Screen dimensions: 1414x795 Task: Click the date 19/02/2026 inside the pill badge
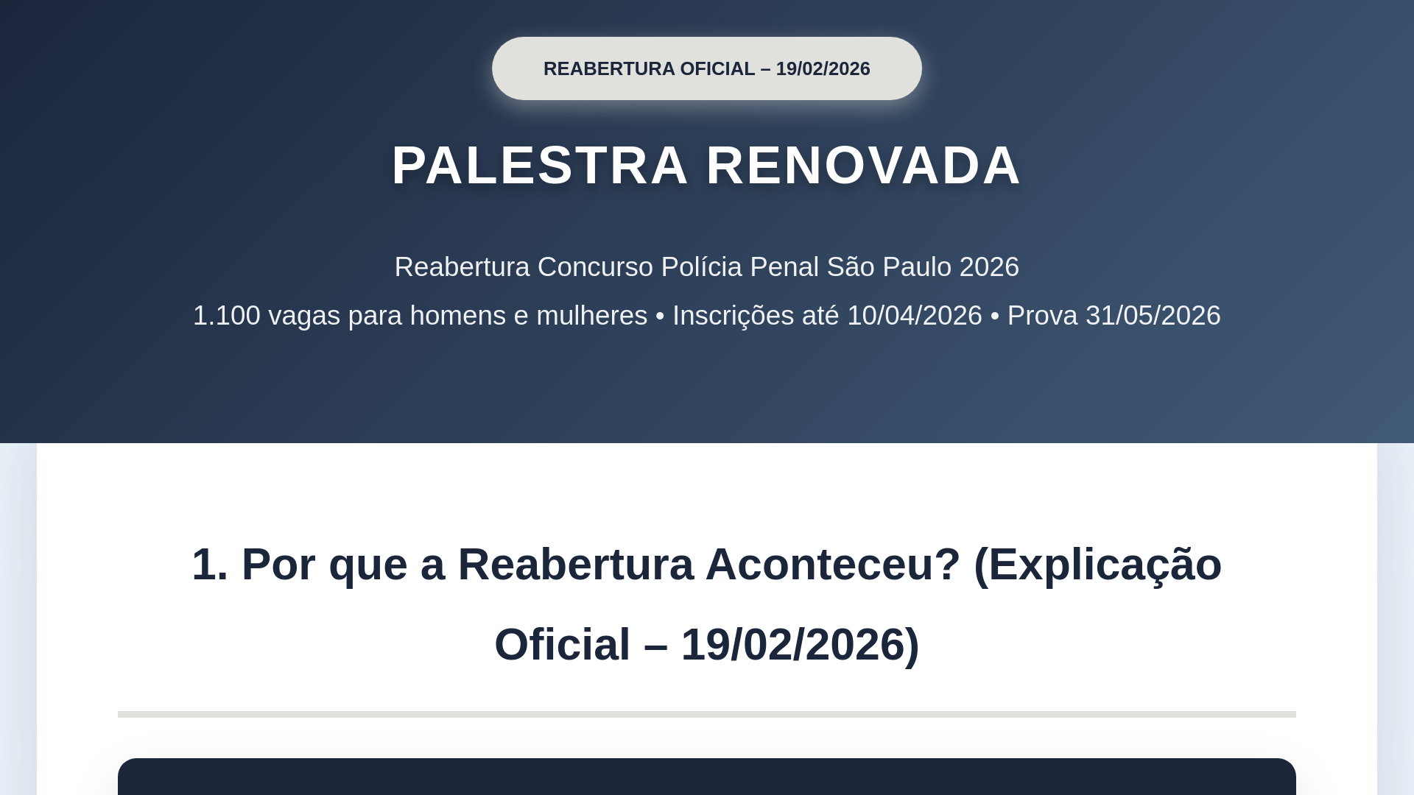click(x=823, y=68)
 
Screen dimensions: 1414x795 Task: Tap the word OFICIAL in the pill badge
click(x=717, y=68)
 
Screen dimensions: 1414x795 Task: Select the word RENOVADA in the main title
click(x=864, y=165)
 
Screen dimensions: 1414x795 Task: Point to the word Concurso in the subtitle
click(x=595, y=266)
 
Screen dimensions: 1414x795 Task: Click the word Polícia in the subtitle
click(x=702, y=266)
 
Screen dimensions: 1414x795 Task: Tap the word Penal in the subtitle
click(x=784, y=266)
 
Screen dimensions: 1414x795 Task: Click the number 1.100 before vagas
click(x=227, y=315)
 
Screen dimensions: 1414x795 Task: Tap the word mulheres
click(x=591, y=315)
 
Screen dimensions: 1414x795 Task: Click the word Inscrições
click(x=733, y=316)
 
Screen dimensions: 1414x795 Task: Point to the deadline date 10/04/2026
click(x=915, y=315)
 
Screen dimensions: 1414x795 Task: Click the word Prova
click(x=1042, y=315)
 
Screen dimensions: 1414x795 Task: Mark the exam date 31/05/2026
click(x=1153, y=315)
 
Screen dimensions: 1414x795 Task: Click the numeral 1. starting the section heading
click(x=210, y=565)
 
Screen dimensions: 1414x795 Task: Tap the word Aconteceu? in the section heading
click(x=833, y=565)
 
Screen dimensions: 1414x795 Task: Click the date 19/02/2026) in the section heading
click(x=800, y=645)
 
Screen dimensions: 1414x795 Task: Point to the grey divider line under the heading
click(x=707, y=714)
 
